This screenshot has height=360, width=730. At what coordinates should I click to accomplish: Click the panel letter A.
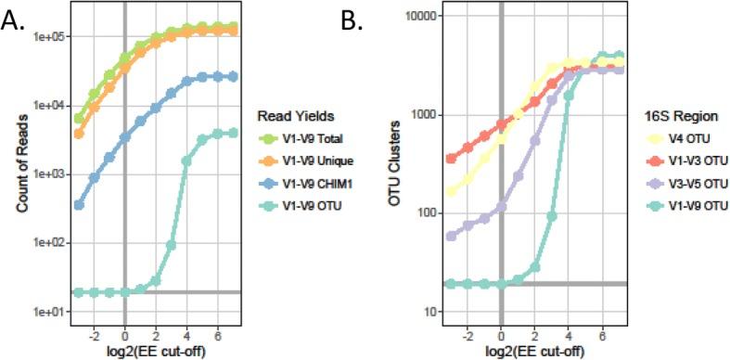click(18, 18)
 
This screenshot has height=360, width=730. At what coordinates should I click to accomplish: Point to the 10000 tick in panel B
click(419, 16)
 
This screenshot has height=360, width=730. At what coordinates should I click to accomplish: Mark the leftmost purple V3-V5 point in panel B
click(452, 237)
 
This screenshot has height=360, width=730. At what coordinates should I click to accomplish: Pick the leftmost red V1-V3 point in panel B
click(452, 159)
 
